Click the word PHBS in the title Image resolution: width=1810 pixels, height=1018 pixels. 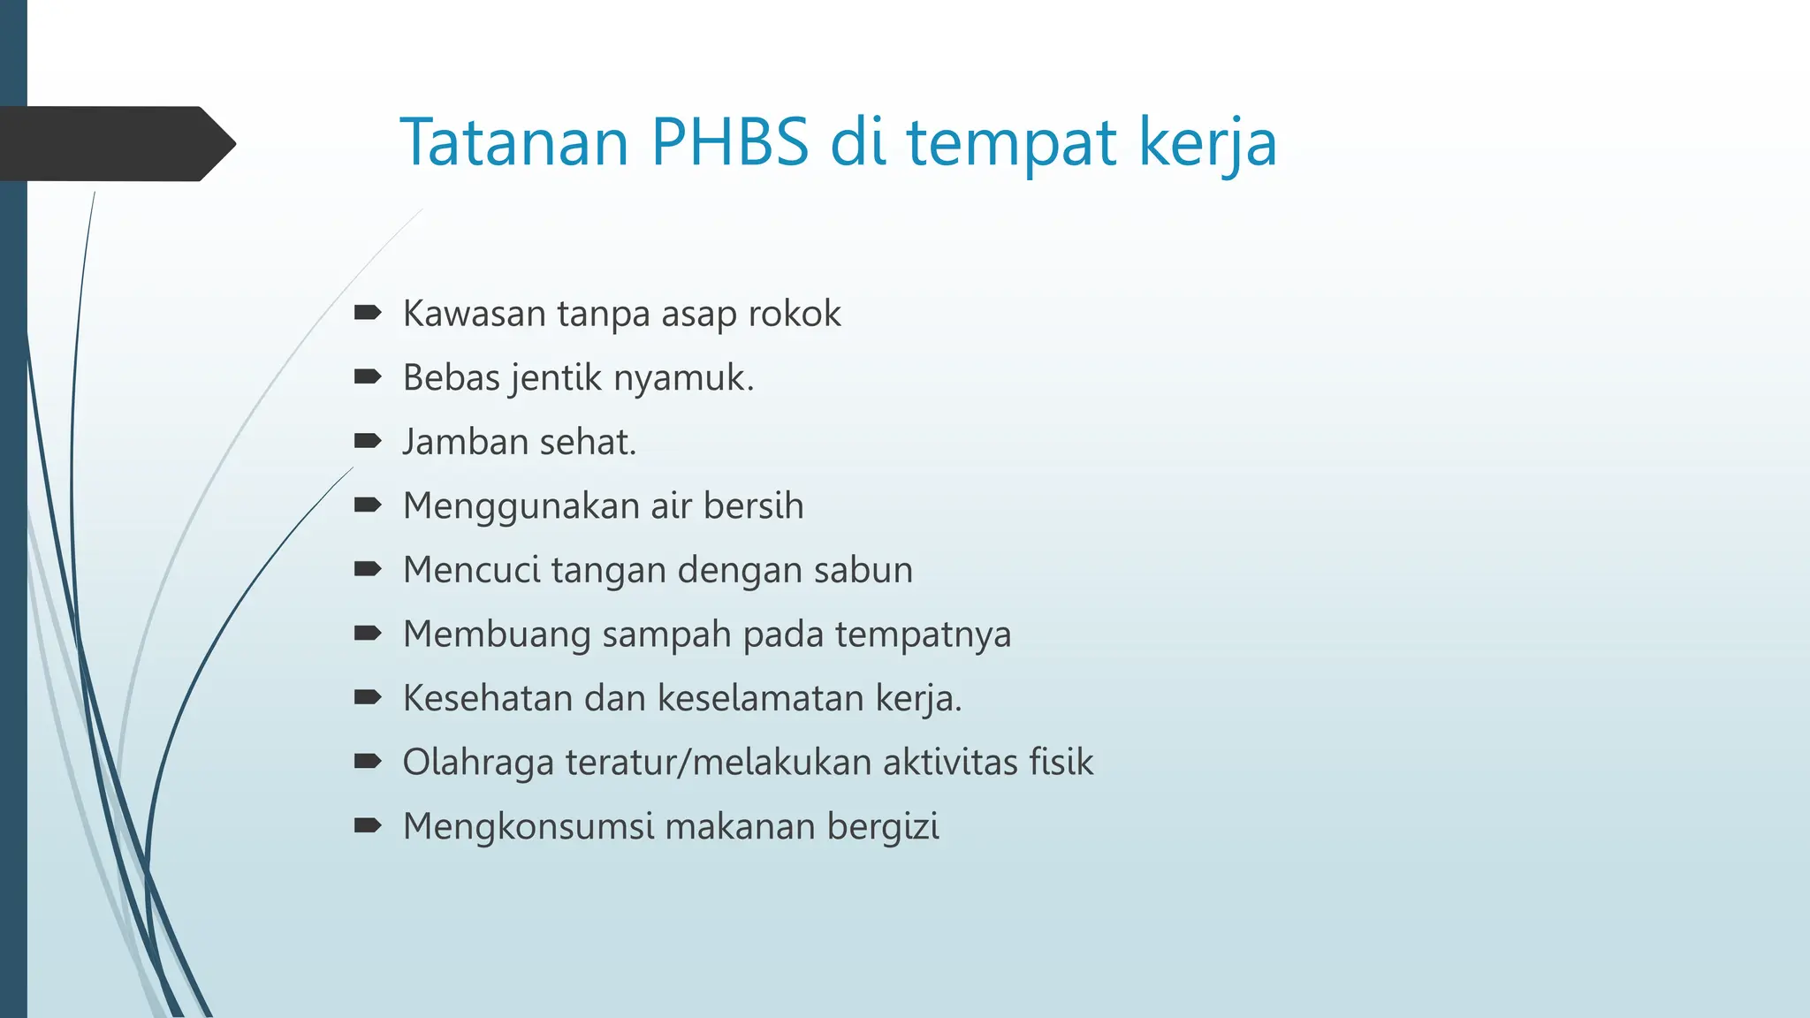click(x=729, y=143)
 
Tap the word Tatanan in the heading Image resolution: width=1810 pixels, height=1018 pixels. click(x=514, y=143)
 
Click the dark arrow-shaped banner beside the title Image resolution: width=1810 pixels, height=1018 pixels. click(x=115, y=144)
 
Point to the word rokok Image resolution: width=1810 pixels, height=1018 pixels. click(x=795, y=314)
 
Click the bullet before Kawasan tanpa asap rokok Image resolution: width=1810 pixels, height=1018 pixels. click(x=367, y=313)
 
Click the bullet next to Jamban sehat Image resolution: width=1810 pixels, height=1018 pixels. click(x=367, y=441)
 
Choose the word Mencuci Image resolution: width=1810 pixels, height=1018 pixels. click(x=471, y=570)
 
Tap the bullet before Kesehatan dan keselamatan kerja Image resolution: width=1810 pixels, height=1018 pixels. click(x=367, y=697)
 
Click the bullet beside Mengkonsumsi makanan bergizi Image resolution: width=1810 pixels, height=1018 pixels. click(x=367, y=825)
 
